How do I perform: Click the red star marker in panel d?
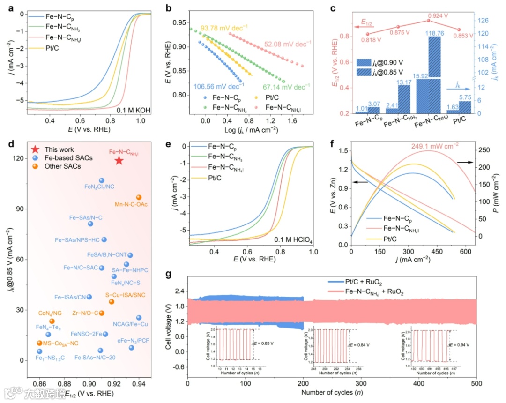119,161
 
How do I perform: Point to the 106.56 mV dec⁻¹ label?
218,86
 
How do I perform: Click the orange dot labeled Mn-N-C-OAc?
139,198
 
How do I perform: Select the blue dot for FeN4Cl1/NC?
102,180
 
